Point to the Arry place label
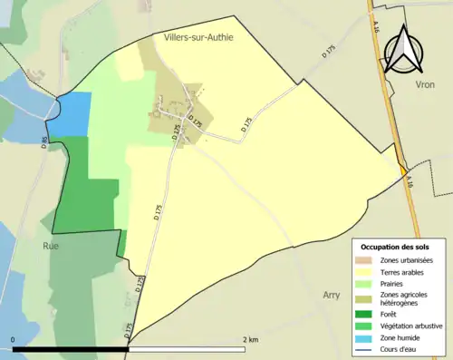click(333, 295)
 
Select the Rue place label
click(50, 245)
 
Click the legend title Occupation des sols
click(395, 247)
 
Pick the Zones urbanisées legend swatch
click(367, 261)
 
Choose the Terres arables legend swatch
click(367, 272)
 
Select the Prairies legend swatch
click(367, 283)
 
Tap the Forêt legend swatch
click(367, 315)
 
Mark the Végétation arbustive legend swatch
click(367, 326)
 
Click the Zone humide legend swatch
click(367, 336)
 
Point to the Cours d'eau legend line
click(367, 347)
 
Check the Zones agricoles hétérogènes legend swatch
click(367, 297)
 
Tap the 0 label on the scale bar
click(14, 339)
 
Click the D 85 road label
click(43, 142)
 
